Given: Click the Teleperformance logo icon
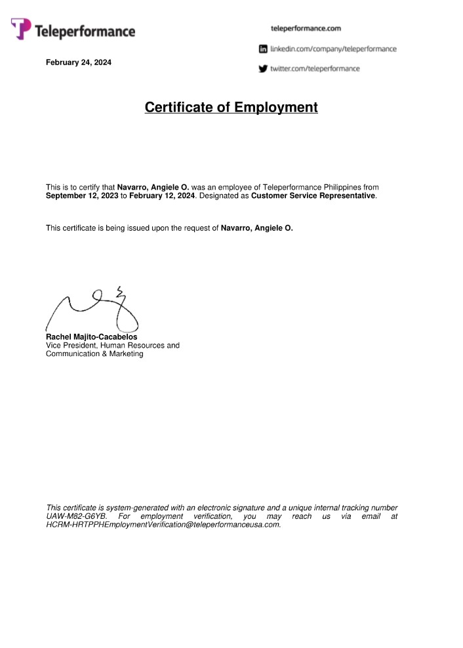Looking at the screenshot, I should click(x=20, y=28).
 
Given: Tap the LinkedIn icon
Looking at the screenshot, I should click(x=263, y=49).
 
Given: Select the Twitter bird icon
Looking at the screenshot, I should click(x=263, y=68).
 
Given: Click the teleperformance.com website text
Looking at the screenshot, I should click(x=306, y=29).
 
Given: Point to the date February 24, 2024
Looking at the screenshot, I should click(x=78, y=63).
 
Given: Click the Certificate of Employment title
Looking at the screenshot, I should click(x=231, y=107).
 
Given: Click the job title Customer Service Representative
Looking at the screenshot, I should click(x=313, y=196).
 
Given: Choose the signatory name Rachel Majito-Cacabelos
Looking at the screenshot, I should click(x=91, y=337).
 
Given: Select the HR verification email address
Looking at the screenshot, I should click(x=163, y=525).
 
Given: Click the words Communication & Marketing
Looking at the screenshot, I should click(x=94, y=354).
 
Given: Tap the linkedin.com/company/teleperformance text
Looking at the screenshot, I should click(x=333, y=49).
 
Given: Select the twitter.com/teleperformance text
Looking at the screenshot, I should click(x=315, y=68).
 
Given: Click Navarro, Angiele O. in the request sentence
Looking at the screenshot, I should click(x=257, y=228).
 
